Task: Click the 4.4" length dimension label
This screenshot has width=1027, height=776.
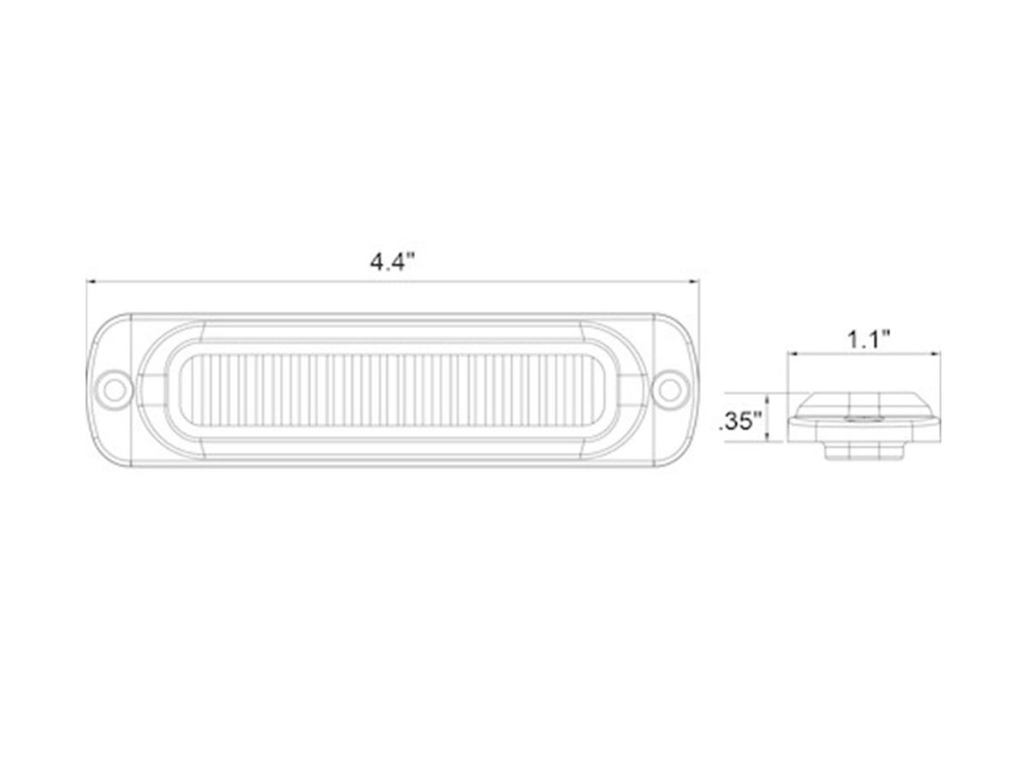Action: click(392, 263)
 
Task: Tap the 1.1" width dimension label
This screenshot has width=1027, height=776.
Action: click(869, 339)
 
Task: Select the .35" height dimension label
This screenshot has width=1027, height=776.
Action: click(741, 421)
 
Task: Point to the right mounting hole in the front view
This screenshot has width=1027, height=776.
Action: click(671, 389)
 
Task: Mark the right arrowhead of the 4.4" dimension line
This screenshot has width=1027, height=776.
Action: click(693, 281)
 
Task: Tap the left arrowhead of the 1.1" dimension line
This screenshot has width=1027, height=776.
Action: click(793, 354)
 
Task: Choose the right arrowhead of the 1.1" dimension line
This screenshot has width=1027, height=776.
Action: click(935, 354)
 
